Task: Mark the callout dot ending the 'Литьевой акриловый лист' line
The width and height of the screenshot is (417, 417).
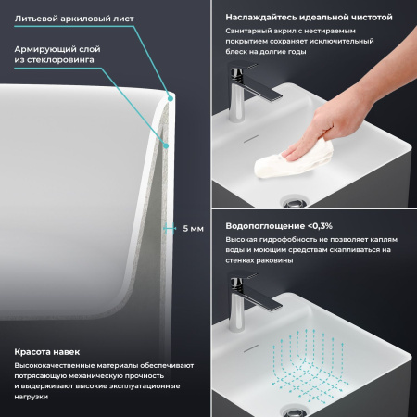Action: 171,95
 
